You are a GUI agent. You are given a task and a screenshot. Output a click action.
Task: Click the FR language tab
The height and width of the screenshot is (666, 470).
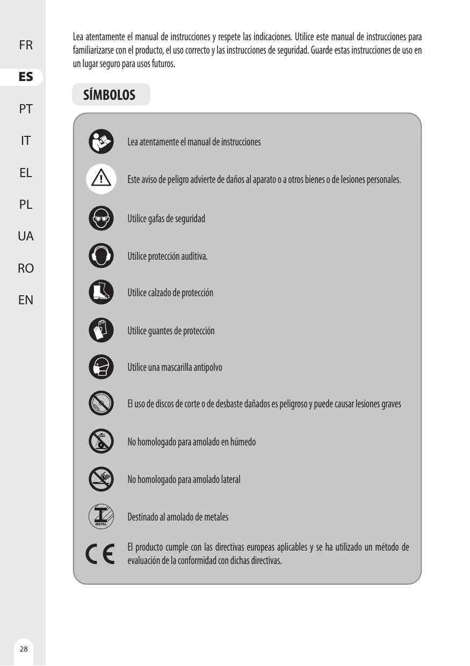25,45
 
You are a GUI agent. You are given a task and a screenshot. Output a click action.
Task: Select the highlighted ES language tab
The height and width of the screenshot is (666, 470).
25,77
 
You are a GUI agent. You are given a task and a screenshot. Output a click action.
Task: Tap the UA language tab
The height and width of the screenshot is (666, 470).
25,236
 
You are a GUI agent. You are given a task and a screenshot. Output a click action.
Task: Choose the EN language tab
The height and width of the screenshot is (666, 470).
25,299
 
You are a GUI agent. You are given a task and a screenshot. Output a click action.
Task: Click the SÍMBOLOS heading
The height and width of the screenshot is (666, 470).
110,96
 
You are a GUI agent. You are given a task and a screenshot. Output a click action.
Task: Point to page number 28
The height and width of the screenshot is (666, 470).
23,649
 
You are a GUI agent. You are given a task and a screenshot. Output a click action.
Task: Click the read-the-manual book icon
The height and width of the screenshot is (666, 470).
101,142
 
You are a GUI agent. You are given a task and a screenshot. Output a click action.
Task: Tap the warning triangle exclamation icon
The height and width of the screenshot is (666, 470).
101,179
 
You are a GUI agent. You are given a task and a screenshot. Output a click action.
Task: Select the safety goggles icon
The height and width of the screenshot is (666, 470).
101,218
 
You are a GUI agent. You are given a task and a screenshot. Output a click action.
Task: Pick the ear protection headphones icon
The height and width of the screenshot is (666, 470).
101,255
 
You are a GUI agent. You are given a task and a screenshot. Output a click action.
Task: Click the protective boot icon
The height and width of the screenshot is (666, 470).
101,292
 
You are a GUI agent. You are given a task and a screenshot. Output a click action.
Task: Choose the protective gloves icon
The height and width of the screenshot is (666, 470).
101,330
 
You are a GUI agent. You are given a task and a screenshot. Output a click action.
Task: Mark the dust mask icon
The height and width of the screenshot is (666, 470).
101,367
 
